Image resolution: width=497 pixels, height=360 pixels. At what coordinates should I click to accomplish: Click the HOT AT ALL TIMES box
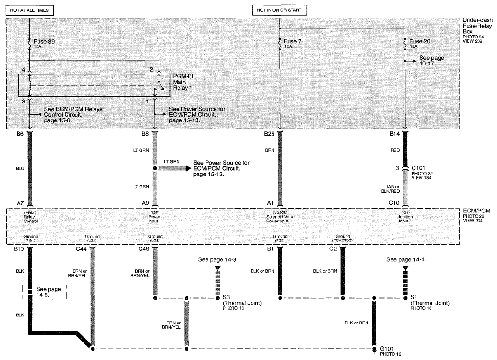[29, 10]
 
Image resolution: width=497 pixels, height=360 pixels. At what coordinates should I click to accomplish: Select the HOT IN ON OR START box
[279, 10]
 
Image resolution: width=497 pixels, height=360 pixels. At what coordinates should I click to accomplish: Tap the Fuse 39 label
[44, 41]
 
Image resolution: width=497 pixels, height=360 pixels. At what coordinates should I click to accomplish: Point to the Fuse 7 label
[292, 41]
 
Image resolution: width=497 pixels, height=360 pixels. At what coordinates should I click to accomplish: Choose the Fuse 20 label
[420, 41]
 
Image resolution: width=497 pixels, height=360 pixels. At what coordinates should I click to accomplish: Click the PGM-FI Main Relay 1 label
[183, 82]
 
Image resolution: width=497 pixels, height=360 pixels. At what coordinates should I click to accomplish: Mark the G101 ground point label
[387, 349]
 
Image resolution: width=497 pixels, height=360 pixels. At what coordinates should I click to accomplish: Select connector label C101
[418, 168]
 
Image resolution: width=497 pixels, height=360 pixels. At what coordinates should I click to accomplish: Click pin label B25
[270, 134]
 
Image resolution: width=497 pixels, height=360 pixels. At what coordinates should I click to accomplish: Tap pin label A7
[20, 203]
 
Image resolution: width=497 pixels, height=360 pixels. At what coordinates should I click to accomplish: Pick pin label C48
[143, 249]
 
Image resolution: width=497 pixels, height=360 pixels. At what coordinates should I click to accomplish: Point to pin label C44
[81, 249]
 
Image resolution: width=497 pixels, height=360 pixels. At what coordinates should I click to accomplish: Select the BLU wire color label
[20, 168]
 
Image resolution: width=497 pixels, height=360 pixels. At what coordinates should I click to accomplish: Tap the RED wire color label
[395, 150]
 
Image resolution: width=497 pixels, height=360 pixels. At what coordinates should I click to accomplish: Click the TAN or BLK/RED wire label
[391, 189]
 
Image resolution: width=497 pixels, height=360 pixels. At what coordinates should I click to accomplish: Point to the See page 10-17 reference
[431, 61]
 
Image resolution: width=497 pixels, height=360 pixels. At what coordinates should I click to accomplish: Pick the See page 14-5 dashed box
[45, 292]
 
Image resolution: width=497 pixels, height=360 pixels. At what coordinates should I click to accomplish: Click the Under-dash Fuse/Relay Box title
[478, 26]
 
